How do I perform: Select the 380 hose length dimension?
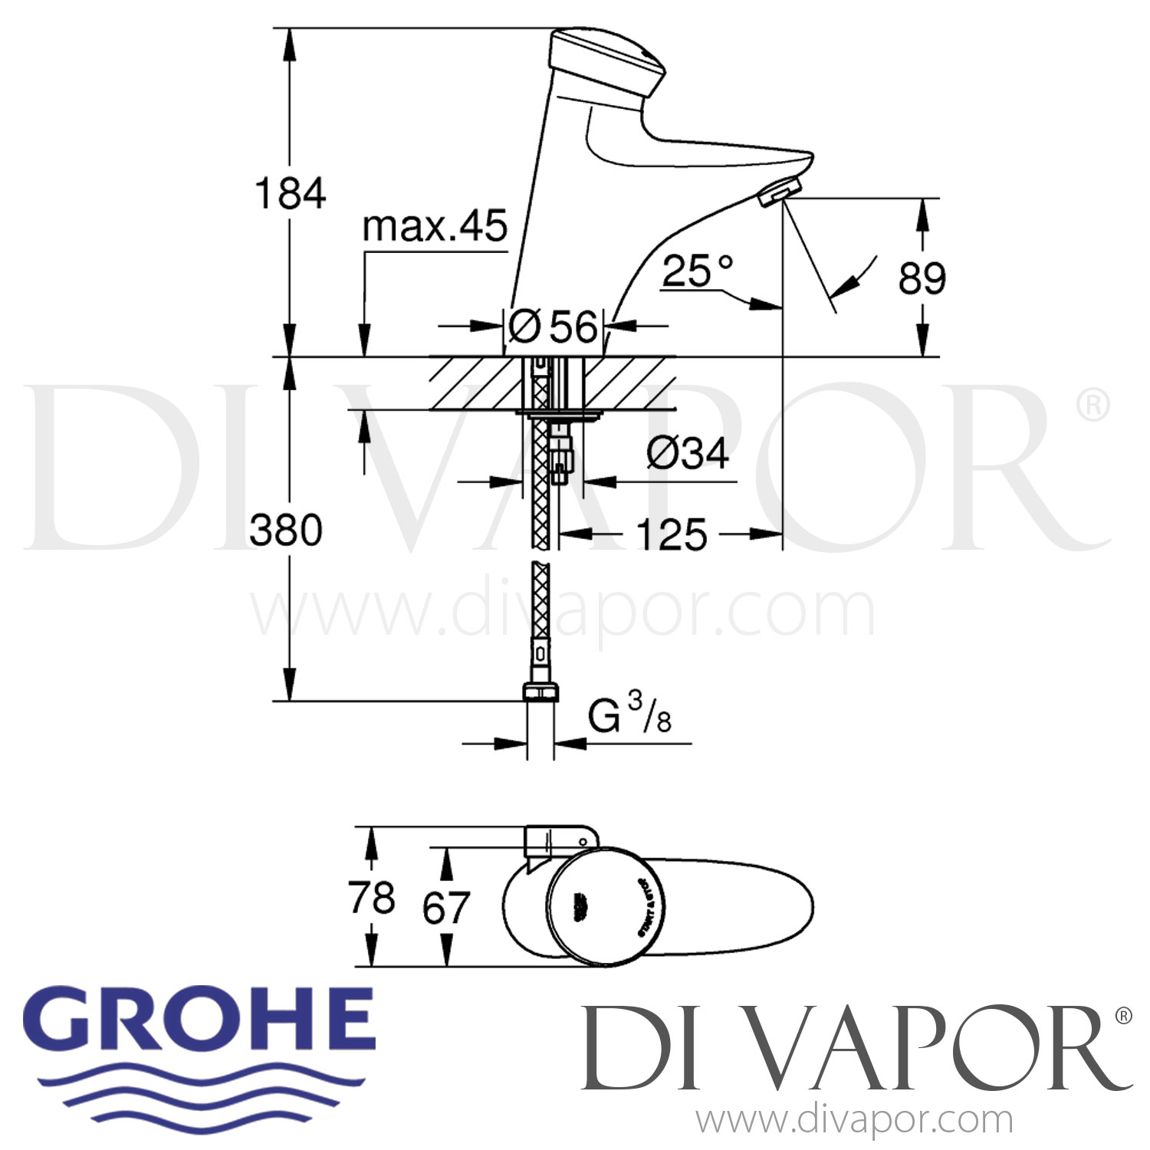tap(286, 531)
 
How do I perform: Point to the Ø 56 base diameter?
tap(553, 327)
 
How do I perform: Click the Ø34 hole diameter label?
tap(687, 453)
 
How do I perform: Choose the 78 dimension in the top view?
tap(372, 897)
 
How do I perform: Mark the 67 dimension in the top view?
tap(445, 908)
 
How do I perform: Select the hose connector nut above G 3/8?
tap(540, 692)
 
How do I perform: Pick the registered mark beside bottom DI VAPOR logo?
tap(1122, 1016)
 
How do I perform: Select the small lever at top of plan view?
tap(556, 839)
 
